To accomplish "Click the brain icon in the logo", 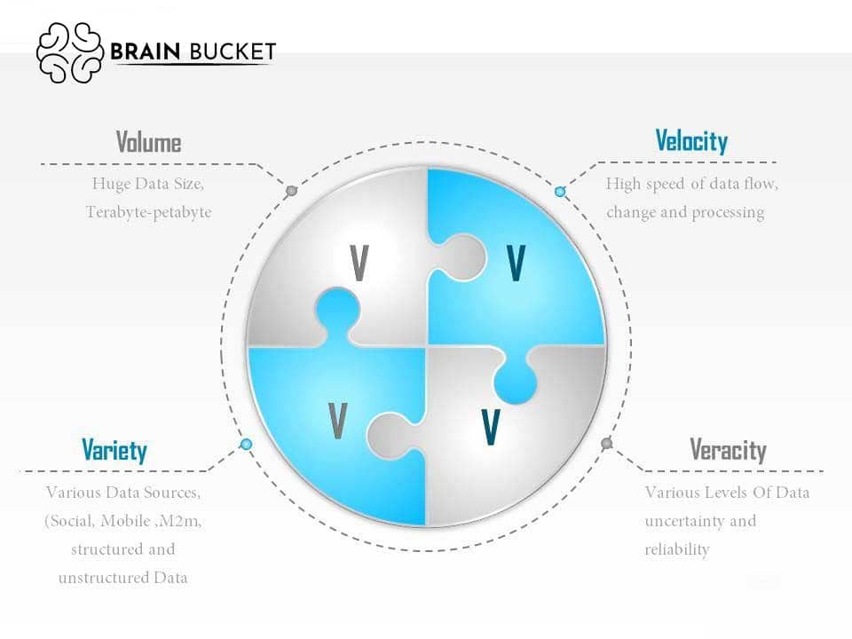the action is [70, 52].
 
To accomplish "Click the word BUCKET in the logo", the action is [233, 51].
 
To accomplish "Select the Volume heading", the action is [148, 142].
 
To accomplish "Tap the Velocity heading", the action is [691, 141].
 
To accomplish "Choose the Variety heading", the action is [114, 451].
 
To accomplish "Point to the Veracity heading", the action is [728, 450].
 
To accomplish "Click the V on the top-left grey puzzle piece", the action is [359, 263].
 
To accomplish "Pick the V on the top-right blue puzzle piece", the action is [516, 263].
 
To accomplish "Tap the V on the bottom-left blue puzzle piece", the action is [337, 421].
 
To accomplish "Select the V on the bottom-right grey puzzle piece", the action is [491, 427].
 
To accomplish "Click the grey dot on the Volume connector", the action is [292, 191].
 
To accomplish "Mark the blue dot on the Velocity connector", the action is [560, 192].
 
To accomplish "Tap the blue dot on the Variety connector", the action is [246, 445].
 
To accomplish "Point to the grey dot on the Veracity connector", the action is [607, 444].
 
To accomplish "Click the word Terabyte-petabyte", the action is [148, 212].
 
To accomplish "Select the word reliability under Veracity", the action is [677, 549].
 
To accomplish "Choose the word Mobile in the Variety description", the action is [125, 521].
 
